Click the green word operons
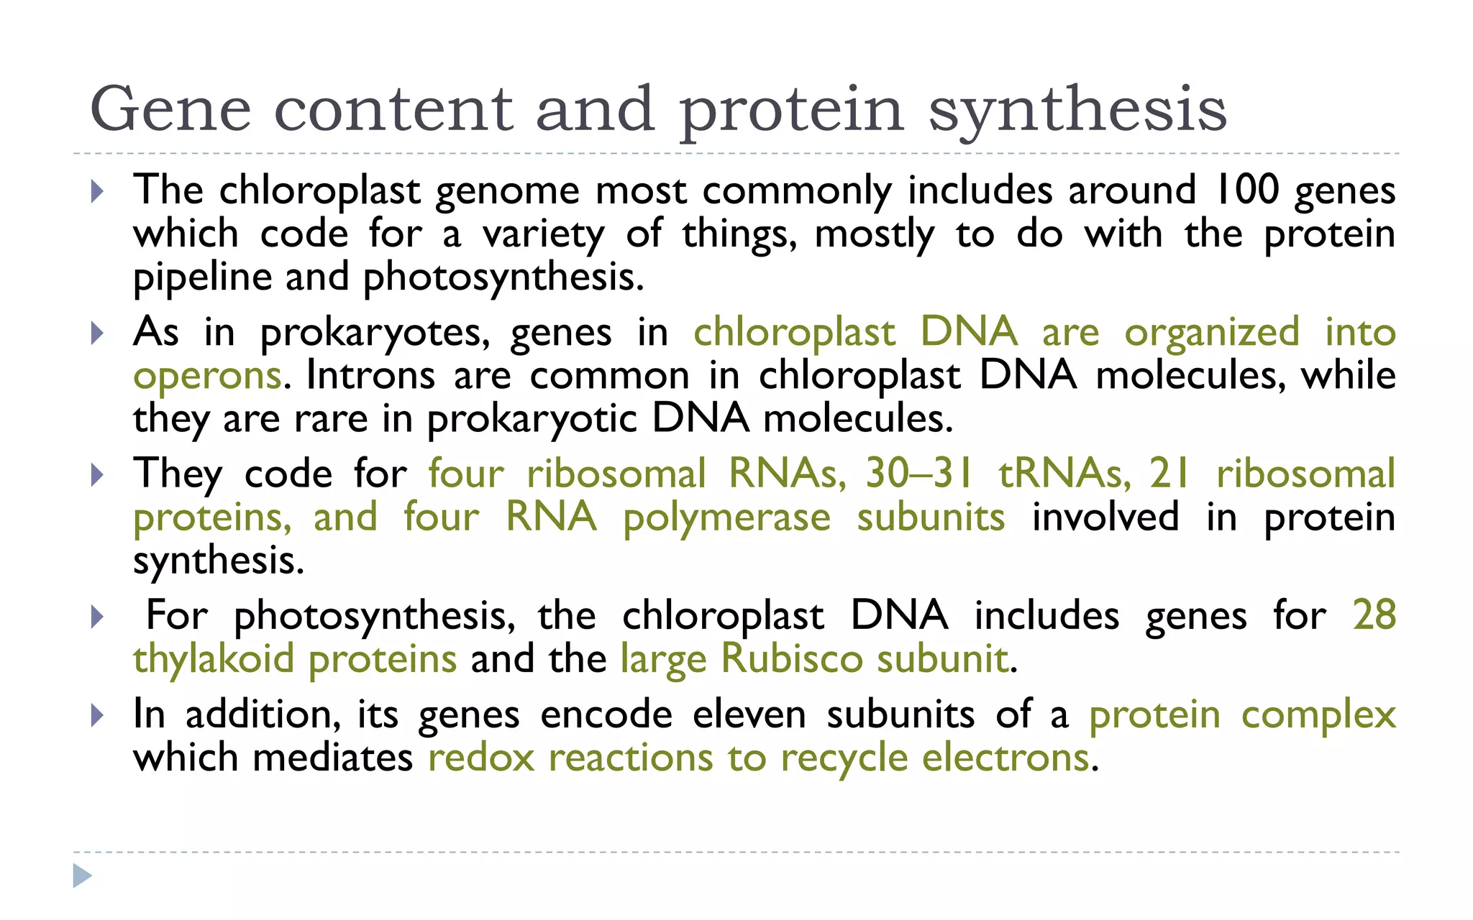click(x=207, y=376)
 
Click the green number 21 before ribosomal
click(x=1169, y=474)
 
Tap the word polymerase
click(x=726, y=518)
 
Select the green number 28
click(x=1374, y=615)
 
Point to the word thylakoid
click(x=214, y=659)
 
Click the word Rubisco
click(x=791, y=659)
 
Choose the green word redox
click(x=481, y=758)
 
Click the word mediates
click(x=332, y=758)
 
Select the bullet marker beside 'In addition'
click(x=98, y=715)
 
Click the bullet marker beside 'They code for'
click(x=98, y=474)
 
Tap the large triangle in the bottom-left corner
click(x=82, y=875)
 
